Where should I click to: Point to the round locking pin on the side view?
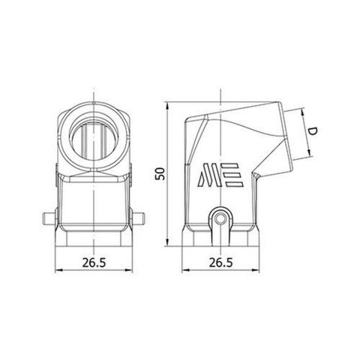click(219, 219)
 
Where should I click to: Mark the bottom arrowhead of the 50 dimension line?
click(166, 244)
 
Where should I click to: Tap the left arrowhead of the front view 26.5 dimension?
click(59, 271)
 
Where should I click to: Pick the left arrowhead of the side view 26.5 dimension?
click(184, 271)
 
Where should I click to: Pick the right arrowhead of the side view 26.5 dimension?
click(255, 271)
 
